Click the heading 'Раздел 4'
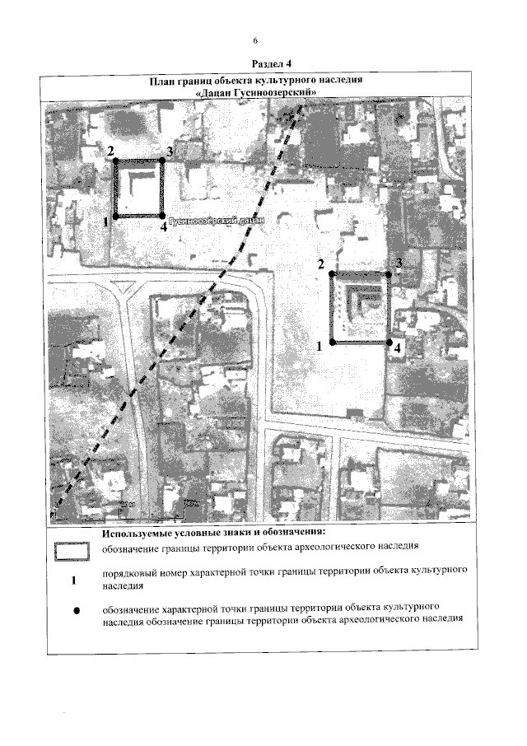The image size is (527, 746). click(264, 63)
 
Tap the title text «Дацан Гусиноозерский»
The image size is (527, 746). click(256, 94)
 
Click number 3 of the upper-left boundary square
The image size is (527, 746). click(168, 152)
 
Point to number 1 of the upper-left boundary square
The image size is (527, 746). click(107, 221)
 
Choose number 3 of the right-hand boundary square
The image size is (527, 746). click(398, 263)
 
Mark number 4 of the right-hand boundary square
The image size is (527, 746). click(398, 348)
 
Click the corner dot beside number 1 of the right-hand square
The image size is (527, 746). click(331, 341)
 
